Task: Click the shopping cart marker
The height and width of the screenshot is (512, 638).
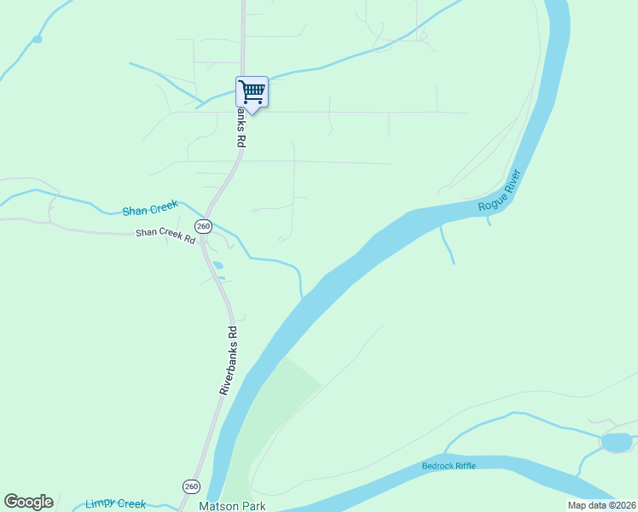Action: tap(252, 91)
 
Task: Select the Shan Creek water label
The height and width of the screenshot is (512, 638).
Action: tap(150, 209)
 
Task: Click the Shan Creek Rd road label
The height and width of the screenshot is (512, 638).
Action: tap(165, 236)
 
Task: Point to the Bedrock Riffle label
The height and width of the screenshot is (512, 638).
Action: tap(449, 465)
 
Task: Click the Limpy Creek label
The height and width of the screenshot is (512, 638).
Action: tap(115, 503)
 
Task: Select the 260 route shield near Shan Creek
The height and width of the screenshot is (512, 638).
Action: tap(203, 226)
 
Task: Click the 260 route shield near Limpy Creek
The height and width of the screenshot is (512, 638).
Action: tap(191, 486)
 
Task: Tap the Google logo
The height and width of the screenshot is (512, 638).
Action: tap(28, 502)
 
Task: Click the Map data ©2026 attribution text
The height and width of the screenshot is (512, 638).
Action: tap(601, 505)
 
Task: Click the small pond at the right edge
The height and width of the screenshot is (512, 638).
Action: tap(616, 442)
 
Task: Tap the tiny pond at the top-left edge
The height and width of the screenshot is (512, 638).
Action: tap(37, 39)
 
